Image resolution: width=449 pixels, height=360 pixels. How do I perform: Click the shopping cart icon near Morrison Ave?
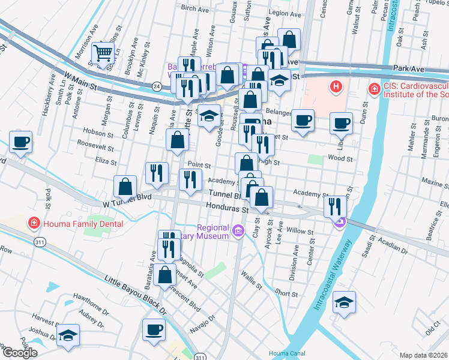[x=103, y=53]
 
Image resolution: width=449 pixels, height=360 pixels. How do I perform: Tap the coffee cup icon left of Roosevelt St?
[x=20, y=143]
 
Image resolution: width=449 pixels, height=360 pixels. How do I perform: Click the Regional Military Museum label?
[x=214, y=231]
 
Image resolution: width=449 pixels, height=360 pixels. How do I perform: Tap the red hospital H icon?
[x=336, y=88]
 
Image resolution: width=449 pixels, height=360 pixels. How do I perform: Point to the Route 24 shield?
[x=157, y=87]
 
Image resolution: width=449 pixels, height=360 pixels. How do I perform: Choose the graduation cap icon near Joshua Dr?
[x=68, y=336]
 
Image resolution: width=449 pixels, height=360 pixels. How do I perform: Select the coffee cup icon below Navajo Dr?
[x=154, y=329]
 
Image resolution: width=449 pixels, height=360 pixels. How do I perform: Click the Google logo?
[x=20, y=353]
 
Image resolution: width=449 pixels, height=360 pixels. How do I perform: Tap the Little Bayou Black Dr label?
[x=136, y=296]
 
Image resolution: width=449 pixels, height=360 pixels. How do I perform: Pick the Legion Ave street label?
[x=284, y=13]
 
